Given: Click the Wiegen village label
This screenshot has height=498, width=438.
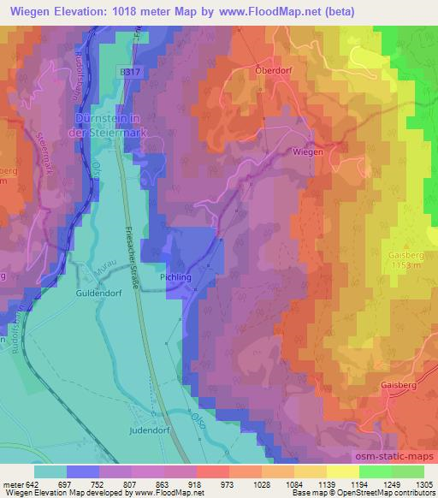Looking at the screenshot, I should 308,151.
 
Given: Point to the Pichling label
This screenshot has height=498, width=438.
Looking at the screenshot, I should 174,279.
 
